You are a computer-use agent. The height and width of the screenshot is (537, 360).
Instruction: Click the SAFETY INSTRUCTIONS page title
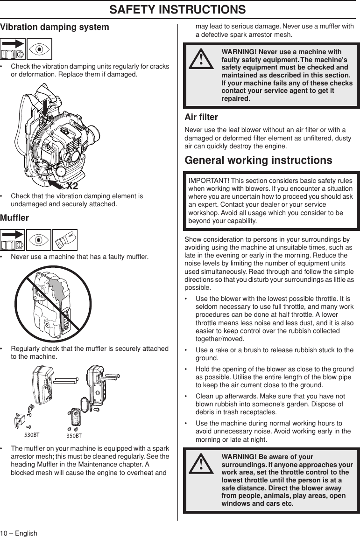click(180, 9)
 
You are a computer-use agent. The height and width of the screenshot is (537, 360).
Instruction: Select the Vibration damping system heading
click(55, 27)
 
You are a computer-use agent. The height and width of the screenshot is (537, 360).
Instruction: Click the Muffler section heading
click(14, 218)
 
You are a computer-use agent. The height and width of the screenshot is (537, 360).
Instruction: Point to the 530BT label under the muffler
click(32, 434)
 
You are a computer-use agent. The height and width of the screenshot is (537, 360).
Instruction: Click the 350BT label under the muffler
click(74, 436)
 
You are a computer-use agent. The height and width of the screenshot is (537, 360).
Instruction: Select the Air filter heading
click(201, 117)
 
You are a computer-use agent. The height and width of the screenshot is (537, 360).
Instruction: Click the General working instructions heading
click(259, 160)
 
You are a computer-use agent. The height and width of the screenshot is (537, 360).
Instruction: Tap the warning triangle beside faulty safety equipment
click(201, 59)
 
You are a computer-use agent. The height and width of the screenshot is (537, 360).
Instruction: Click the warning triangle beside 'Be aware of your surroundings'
click(201, 463)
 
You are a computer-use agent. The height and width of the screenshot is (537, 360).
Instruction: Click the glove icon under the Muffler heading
click(65, 240)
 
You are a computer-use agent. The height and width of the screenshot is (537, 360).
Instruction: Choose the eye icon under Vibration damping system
click(39, 49)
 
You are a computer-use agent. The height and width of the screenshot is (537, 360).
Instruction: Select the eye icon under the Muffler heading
click(39, 240)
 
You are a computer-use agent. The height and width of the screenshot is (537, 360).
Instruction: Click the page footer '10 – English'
click(19, 533)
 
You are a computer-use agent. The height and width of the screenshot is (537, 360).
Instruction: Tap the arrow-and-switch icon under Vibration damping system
click(13, 49)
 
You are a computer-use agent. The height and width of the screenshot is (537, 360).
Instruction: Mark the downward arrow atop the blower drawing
click(45, 105)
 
